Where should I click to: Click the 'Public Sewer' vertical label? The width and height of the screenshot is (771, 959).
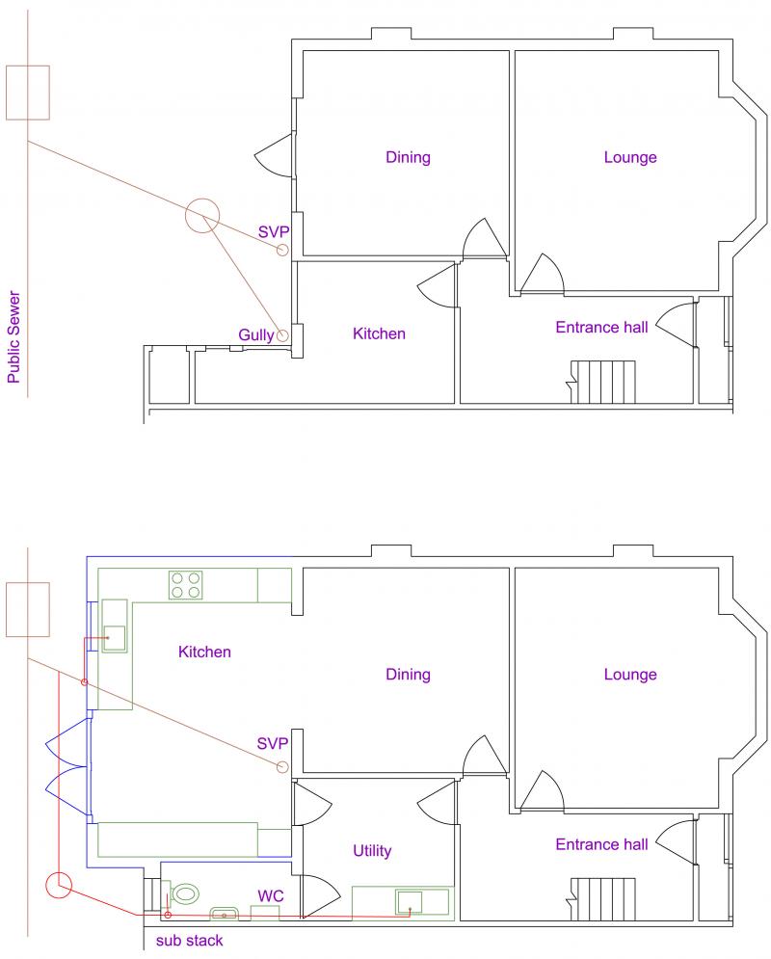click(13, 337)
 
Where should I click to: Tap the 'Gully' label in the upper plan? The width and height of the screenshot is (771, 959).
click(256, 335)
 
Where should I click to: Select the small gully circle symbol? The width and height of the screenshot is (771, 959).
click(281, 335)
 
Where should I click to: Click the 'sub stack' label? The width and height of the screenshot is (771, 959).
click(189, 941)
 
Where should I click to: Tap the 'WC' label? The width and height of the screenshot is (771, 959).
click(270, 896)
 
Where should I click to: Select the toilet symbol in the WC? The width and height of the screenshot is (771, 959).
click(183, 894)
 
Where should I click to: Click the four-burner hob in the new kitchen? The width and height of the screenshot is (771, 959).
click(185, 585)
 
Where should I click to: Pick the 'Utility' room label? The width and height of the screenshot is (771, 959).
click(372, 851)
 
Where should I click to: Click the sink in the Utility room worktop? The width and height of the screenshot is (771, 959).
click(409, 902)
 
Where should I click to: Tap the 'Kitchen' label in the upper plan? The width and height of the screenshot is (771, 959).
click(379, 333)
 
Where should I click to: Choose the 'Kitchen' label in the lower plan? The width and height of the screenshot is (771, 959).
click(204, 652)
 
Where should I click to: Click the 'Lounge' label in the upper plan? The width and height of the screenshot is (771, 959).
click(630, 157)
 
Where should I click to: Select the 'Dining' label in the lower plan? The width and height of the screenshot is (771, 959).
click(408, 675)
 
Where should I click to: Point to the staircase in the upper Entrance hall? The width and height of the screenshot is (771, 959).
click(603, 383)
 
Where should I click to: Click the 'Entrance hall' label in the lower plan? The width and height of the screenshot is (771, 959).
click(601, 844)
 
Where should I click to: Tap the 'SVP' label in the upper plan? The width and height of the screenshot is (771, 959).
click(274, 232)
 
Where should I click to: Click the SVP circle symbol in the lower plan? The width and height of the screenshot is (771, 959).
click(281, 767)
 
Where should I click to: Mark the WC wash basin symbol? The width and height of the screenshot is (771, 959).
click(224, 914)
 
